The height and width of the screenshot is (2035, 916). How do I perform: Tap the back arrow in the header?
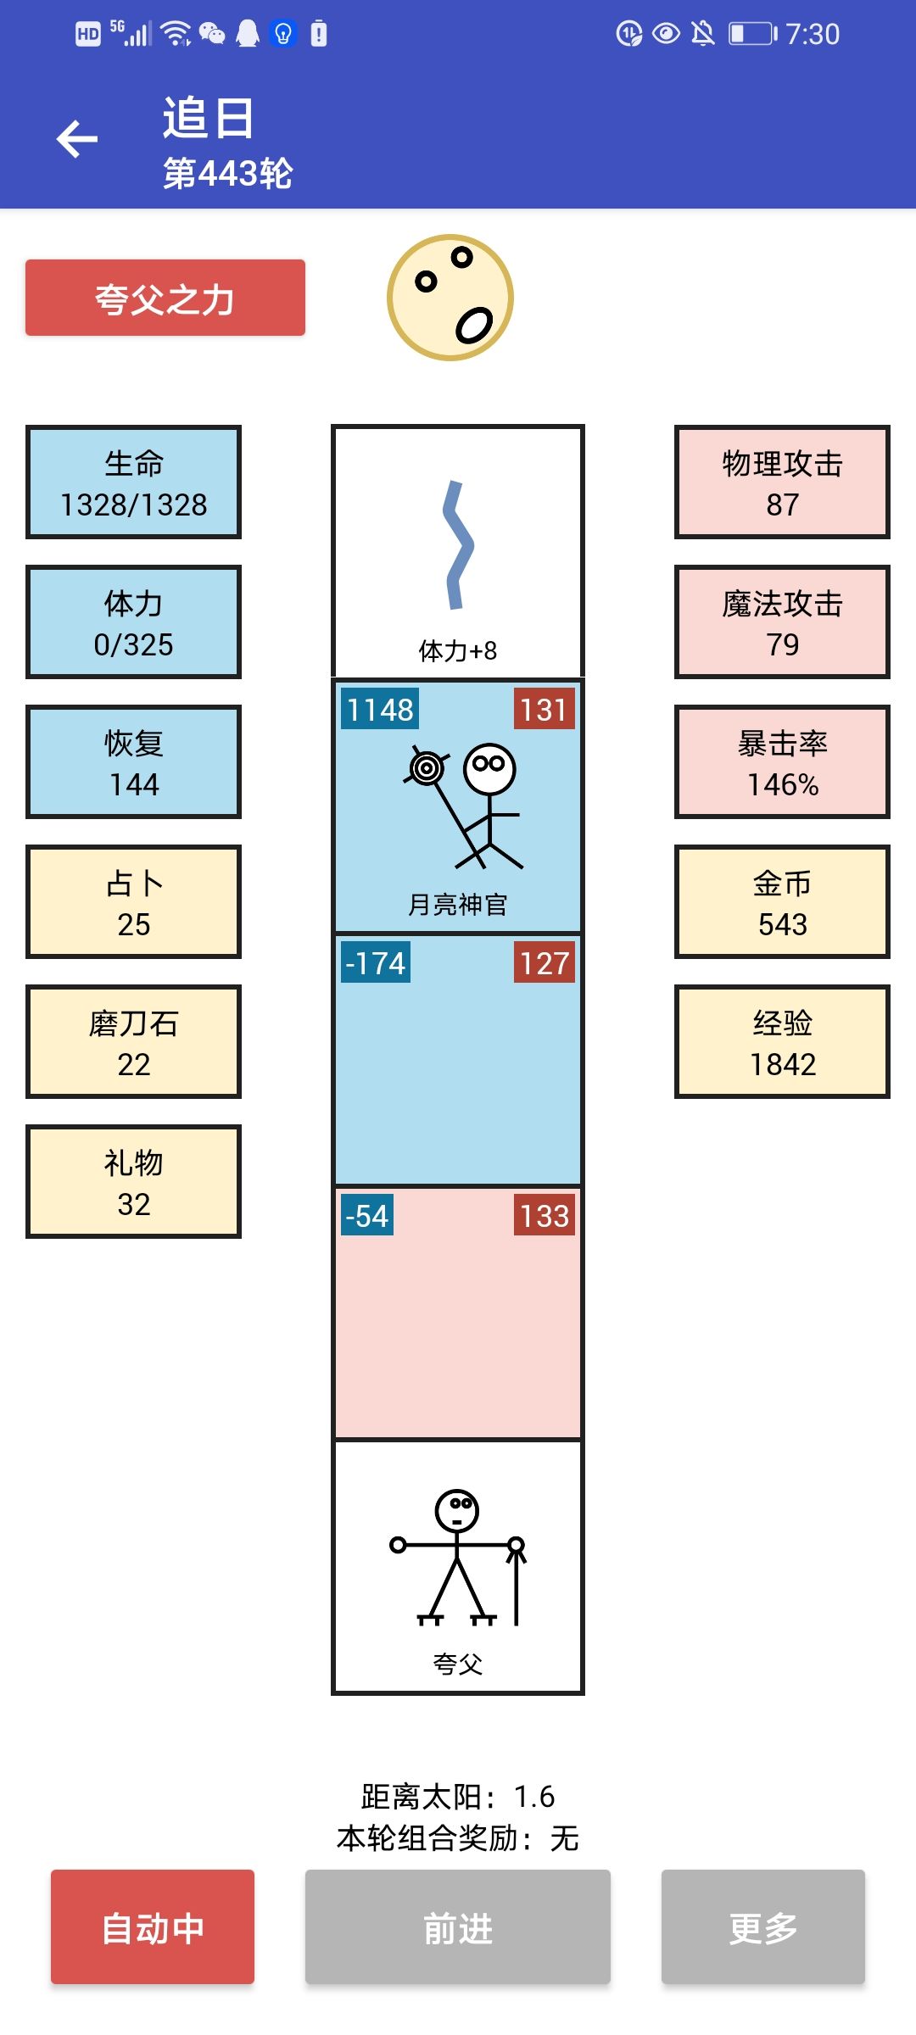point(77,139)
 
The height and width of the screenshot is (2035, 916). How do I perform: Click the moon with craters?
point(450,298)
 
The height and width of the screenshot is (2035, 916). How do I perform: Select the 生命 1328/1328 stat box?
point(134,482)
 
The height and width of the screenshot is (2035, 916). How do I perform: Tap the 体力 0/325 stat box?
point(134,622)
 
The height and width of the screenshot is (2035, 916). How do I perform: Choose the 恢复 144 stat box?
point(134,762)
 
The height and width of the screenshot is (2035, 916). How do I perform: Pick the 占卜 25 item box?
point(134,902)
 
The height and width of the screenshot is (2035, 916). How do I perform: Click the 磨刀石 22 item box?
point(134,1042)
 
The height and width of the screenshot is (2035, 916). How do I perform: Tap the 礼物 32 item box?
point(134,1182)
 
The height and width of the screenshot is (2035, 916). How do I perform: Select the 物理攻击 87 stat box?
point(782,482)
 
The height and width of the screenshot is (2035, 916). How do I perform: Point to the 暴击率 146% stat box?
point(782,762)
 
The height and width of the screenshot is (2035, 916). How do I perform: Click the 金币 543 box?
point(782,902)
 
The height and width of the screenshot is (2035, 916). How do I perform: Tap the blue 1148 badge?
point(380,709)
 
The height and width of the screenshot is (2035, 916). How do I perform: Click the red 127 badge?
point(545,962)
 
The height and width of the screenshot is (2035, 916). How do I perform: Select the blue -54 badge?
point(367,1215)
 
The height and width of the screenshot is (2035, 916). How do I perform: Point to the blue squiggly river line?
point(458,546)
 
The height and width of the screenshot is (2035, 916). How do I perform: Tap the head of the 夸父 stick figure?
point(457,1510)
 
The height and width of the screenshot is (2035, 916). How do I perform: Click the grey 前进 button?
point(458,1926)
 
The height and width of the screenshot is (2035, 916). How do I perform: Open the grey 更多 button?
point(763,1926)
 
